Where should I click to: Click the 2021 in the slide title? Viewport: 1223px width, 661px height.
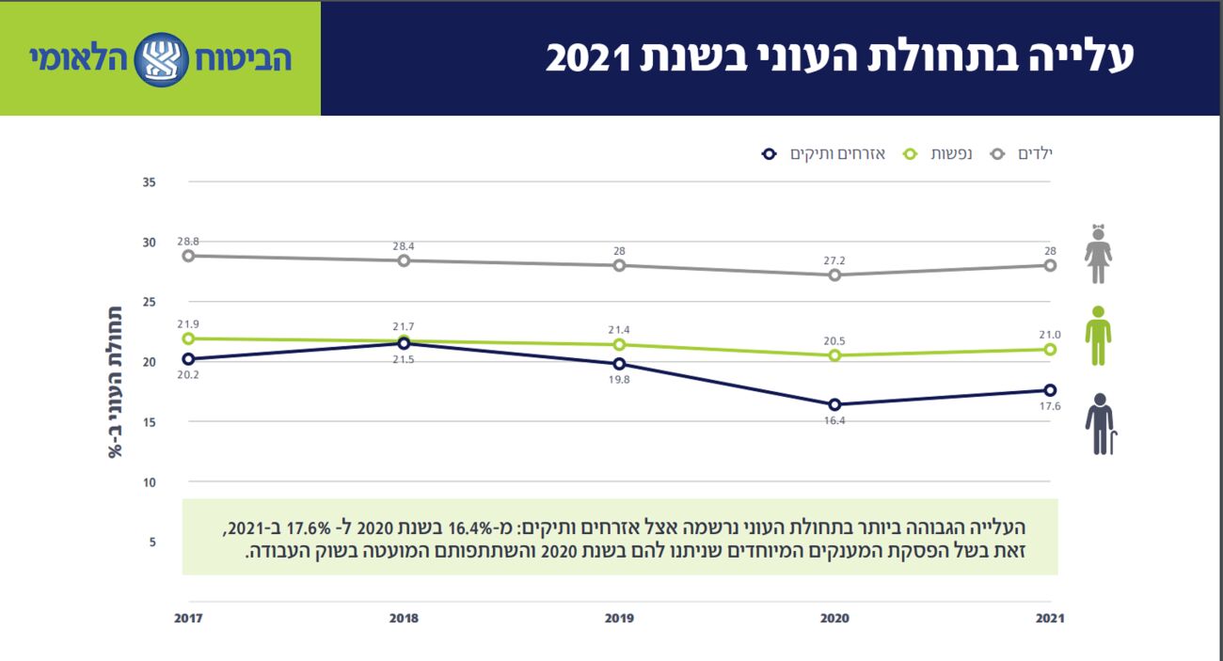(x=587, y=58)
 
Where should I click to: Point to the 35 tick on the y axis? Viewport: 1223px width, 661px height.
(x=149, y=181)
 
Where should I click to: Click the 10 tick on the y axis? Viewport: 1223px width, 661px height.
(x=149, y=482)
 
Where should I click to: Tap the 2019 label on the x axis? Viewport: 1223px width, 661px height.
(x=619, y=618)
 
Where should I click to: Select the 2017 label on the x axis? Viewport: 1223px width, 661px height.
(x=189, y=618)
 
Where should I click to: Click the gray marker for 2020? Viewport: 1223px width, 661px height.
(x=834, y=275)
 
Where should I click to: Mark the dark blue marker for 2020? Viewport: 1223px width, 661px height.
(x=834, y=404)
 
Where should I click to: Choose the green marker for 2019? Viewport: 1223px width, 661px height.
(x=619, y=344)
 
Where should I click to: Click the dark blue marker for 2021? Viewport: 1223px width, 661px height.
(x=1050, y=390)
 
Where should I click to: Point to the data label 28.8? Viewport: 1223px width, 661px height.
(x=188, y=242)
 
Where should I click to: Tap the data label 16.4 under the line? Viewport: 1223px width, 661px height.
(x=834, y=421)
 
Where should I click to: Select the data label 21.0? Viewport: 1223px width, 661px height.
(x=1050, y=335)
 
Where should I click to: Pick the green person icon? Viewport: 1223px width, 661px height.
(x=1098, y=336)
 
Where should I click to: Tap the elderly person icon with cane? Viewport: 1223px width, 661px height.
(x=1100, y=424)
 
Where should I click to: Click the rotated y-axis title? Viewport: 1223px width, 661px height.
(x=114, y=381)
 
